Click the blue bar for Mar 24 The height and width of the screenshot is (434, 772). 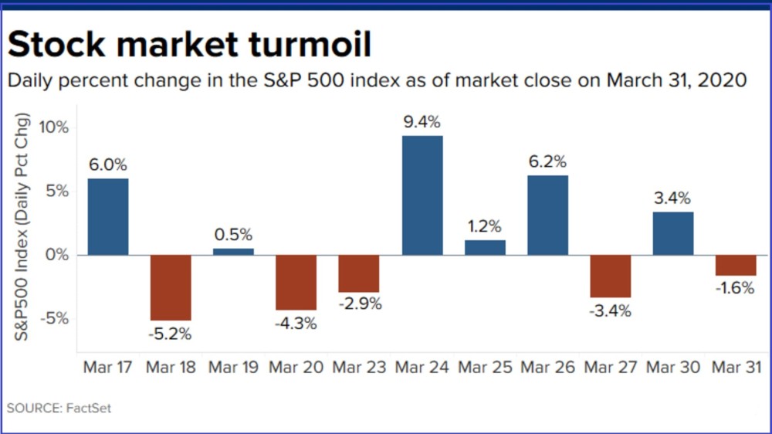tap(422, 195)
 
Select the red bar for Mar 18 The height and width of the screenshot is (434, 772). tap(171, 287)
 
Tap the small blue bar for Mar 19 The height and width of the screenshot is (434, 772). tap(233, 251)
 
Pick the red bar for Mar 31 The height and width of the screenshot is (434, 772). tap(736, 265)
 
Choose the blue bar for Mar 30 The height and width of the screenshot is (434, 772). tap(673, 233)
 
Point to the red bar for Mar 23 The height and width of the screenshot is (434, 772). tap(359, 273)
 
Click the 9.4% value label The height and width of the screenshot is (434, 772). tap(422, 122)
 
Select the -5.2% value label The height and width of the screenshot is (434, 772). tap(171, 334)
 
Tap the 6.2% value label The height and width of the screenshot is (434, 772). tap(547, 162)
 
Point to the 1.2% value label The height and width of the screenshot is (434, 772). tap(485, 227)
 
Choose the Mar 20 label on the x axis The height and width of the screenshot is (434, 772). tap(296, 367)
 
